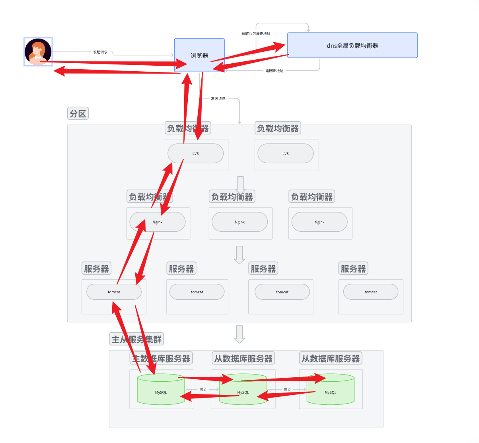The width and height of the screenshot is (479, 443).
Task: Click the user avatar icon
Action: coord(38,52)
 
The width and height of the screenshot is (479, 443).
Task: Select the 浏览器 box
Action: coord(199,55)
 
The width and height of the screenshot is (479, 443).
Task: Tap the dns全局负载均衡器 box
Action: coord(352,45)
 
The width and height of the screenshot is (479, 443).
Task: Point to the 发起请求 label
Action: coord(100,52)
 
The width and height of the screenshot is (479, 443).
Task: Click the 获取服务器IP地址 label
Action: coord(256,34)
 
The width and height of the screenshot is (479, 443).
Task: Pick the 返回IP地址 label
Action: coord(275,71)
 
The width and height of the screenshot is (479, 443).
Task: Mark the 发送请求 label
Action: coord(218,99)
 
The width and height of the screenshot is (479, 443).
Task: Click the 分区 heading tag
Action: coord(78,114)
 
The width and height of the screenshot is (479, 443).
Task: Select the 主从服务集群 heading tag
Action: coord(136,340)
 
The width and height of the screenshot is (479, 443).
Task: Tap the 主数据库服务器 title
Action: coord(162,359)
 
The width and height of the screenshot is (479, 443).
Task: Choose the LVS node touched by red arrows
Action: coord(195,154)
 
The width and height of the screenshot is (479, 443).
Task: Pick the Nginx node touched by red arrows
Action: coord(158,222)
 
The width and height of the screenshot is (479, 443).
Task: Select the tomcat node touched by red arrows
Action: coord(114,292)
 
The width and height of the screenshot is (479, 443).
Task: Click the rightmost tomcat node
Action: coord(371,292)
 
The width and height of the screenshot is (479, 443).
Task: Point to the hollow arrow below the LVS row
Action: coord(240,184)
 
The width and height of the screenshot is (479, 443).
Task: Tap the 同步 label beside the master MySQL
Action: coord(203,389)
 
